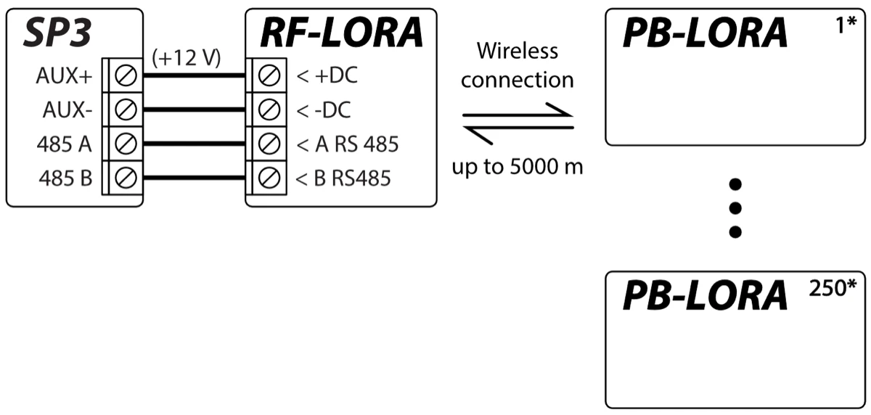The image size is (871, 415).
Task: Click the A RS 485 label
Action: [x=348, y=144]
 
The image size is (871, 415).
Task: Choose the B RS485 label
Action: [x=344, y=178]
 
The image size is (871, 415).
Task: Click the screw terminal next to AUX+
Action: [x=126, y=75]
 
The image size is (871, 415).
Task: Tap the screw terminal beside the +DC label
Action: [x=270, y=75]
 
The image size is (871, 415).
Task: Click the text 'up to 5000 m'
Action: [x=517, y=168]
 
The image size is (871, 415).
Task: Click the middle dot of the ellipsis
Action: [x=735, y=208]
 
